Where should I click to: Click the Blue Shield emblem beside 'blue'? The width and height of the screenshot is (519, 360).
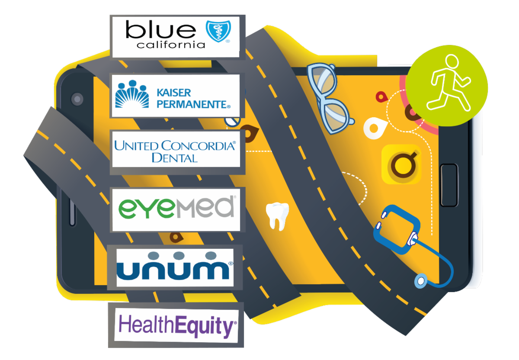click(x=218, y=31)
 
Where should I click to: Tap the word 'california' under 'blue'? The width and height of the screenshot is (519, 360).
click(x=171, y=45)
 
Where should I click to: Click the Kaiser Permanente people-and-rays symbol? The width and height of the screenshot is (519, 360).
click(x=132, y=94)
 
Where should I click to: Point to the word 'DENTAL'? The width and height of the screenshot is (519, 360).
click(x=174, y=158)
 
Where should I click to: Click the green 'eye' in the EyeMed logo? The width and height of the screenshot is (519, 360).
click(x=146, y=209)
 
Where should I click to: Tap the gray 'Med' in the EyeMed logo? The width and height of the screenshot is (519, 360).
click(x=205, y=207)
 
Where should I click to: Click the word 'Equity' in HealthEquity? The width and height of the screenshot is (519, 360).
click(x=205, y=326)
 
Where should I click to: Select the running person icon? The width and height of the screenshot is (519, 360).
click(x=449, y=83)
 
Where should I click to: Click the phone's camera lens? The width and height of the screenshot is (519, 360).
click(x=77, y=99)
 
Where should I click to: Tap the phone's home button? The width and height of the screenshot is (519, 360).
click(x=449, y=185)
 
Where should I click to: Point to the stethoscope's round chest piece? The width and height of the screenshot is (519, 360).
click(x=420, y=281)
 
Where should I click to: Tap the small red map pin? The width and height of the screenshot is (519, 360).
click(x=381, y=97)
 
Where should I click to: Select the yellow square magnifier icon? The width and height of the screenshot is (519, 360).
click(x=401, y=164)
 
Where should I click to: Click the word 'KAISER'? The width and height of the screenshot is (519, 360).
click(x=174, y=93)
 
